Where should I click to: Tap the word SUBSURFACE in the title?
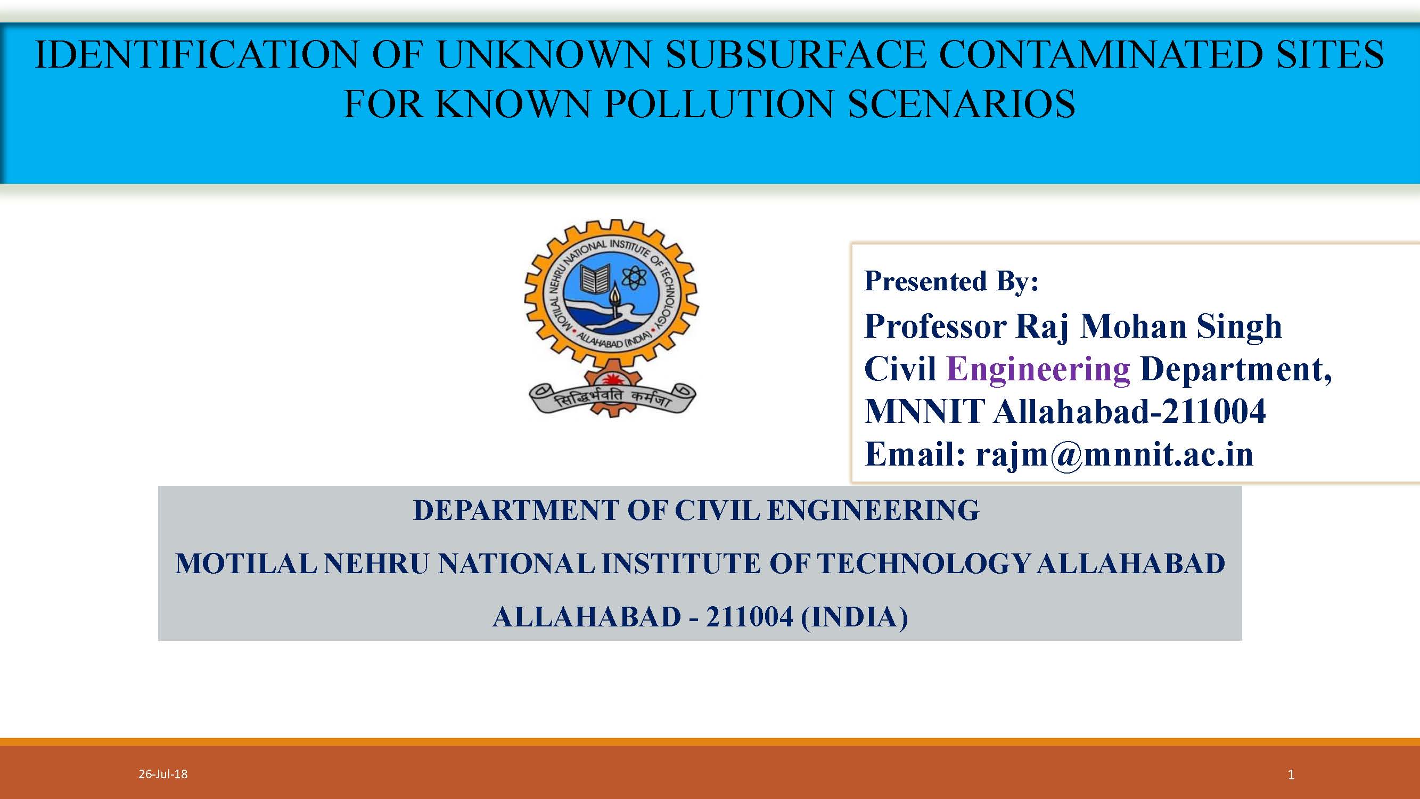coord(795,54)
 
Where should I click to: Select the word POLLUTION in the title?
coord(719,103)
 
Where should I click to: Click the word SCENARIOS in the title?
coord(962,103)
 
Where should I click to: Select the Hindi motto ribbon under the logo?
coord(612,398)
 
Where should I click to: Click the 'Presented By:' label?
coord(951,281)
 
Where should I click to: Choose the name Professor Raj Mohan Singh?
coord(1073,327)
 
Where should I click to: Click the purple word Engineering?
coord(1038,369)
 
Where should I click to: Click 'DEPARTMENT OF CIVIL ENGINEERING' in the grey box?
coord(696,510)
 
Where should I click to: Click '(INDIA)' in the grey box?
coord(854,617)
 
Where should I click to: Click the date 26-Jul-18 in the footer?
coord(162,774)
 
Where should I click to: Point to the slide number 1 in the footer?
coord(1291,774)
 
